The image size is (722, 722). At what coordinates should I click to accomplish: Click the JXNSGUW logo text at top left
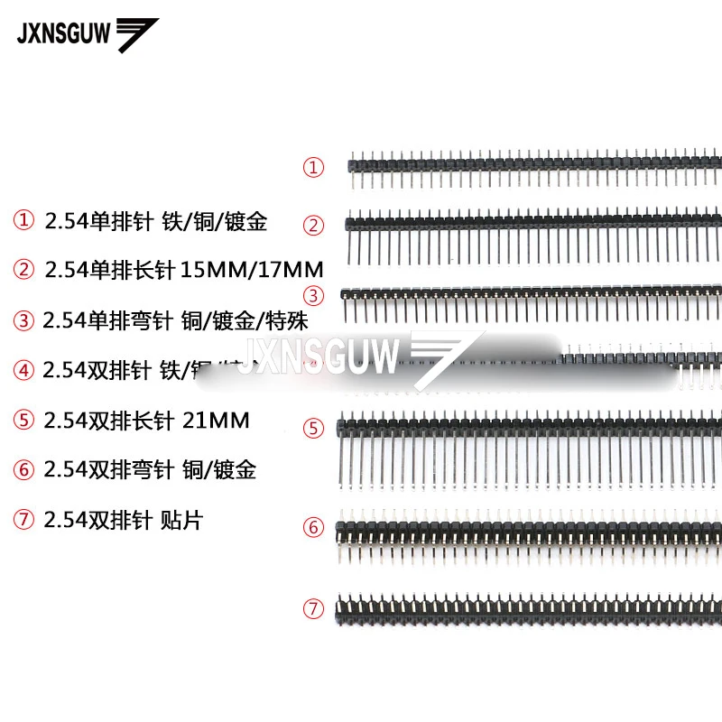tap(63, 33)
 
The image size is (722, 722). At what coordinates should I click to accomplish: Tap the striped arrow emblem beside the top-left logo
tap(136, 35)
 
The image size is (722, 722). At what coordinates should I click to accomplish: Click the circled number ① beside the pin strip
tap(313, 167)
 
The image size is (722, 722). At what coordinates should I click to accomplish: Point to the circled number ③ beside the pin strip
tap(313, 295)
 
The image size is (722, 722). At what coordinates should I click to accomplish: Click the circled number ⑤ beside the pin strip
tap(313, 429)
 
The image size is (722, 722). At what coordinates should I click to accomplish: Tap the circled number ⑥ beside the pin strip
tap(313, 527)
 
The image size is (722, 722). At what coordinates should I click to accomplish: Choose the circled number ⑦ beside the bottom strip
tap(313, 609)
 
